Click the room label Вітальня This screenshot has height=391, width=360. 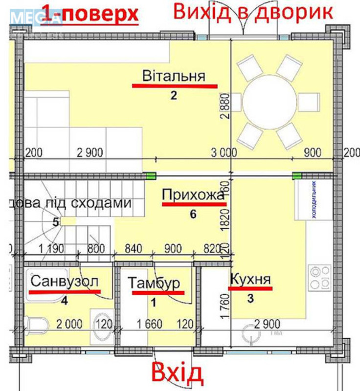[173, 77]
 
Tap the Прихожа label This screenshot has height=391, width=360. [193, 195]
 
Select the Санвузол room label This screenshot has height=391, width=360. [65, 282]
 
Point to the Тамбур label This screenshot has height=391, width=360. [154, 283]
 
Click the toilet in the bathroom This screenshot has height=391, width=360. [37, 324]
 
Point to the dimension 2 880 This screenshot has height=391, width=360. [225, 107]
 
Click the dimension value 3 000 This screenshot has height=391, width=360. [224, 152]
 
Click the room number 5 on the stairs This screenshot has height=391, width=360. [56, 222]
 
